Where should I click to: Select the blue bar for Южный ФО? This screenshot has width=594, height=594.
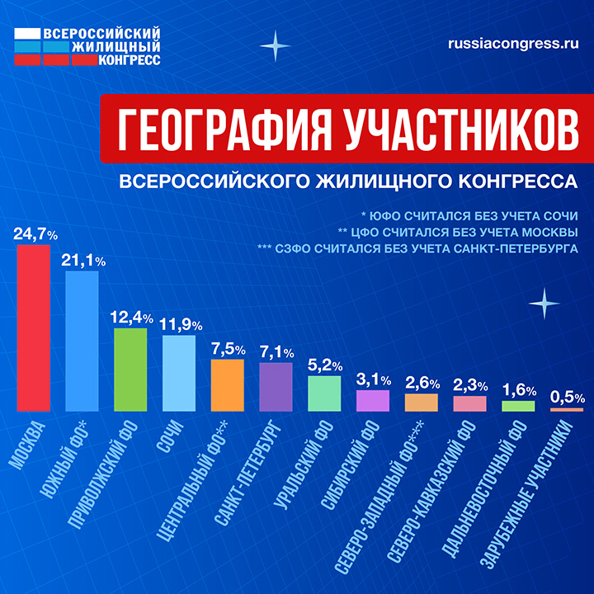coord(82,341)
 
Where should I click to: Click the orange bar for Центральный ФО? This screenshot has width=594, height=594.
coord(228,385)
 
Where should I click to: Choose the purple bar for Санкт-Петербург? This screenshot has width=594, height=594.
coord(276,387)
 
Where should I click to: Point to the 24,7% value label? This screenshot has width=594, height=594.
coord(35,234)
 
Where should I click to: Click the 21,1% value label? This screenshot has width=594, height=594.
coord(82,261)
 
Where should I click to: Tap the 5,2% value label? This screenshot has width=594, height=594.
coord(324,365)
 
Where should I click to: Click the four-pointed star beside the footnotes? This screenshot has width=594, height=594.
coord(544,304)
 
